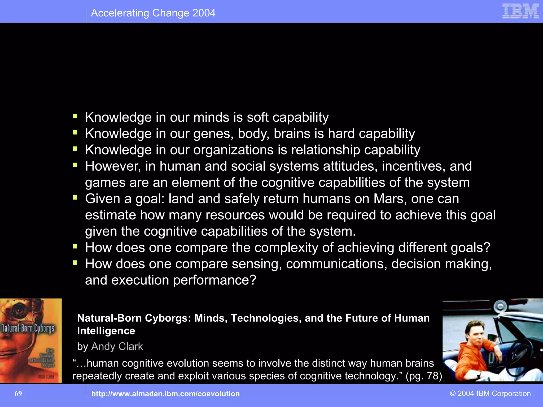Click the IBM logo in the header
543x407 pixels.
(x=520, y=11)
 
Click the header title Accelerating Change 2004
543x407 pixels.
(x=153, y=13)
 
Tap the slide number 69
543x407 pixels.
(x=18, y=393)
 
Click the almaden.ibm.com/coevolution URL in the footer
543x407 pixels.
(x=165, y=394)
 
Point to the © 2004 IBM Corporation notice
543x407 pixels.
(x=490, y=393)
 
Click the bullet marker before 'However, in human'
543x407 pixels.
(x=75, y=165)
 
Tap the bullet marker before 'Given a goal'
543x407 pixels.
(x=75, y=198)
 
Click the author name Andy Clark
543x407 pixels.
(x=117, y=347)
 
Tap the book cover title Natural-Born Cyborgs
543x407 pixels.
(x=28, y=328)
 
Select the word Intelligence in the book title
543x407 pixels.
(x=106, y=331)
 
